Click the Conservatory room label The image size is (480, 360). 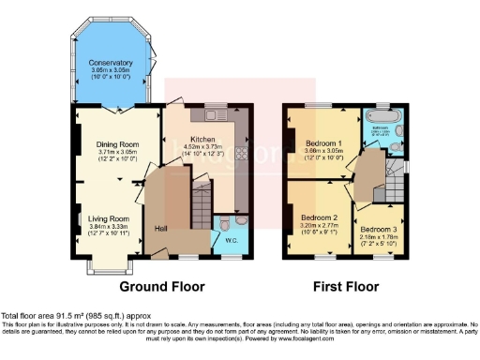(111, 63)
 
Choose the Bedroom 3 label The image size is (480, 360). (380, 229)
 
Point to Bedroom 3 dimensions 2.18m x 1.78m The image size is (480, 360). (380, 237)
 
